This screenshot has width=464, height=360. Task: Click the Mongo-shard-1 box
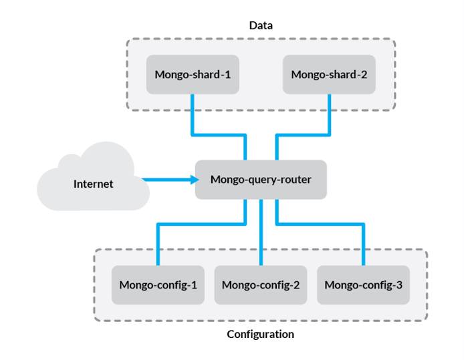click(193, 73)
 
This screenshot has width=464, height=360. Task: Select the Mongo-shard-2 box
click(329, 73)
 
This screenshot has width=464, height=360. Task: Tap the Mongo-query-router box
click(261, 179)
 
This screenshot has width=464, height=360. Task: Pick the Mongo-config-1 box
click(158, 285)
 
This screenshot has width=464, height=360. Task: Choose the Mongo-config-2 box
click(260, 285)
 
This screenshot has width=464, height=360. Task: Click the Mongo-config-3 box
click(363, 285)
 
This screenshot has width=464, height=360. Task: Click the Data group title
click(261, 25)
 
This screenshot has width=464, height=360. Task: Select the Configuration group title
click(260, 333)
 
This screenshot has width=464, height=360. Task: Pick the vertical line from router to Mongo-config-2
click(260, 234)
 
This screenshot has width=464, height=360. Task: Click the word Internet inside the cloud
click(93, 184)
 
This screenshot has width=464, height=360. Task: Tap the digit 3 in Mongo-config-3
click(399, 285)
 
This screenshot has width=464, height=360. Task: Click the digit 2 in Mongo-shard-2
click(364, 73)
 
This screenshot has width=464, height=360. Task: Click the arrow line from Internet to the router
click(167, 179)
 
